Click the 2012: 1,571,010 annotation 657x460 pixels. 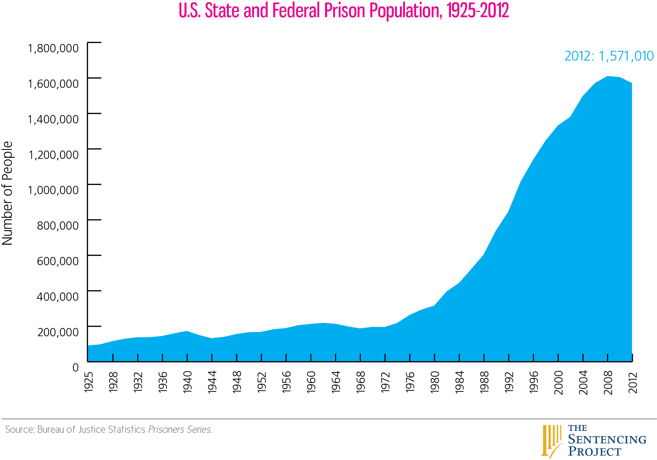[x=609, y=56]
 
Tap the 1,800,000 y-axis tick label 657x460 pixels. [x=53, y=48]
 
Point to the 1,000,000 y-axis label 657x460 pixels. [x=53, y=190]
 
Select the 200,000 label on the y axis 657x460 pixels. [x=58, y=332]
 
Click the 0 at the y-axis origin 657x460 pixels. [x=75, y=368]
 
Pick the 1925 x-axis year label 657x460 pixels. [x=89, y=382]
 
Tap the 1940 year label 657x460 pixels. [x=188, y=382]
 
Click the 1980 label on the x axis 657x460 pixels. [x=435, y=382]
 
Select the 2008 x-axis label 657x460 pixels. [x=608, y=383]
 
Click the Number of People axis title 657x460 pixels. [x=7, y=193]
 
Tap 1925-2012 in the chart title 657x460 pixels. [x=478, y=11]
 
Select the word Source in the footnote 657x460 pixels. [x=19, y=430]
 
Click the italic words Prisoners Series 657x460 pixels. [x=180, y=430]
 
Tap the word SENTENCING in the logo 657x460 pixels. [x=607, y=440]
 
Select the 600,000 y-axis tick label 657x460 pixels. [x=58, y=261]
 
